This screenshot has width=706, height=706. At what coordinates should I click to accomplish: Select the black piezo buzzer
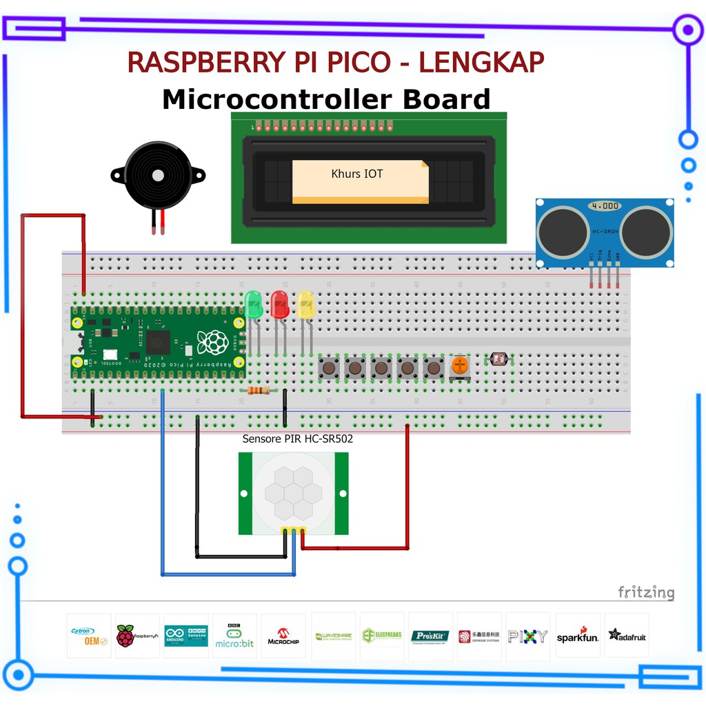(x=158, y=176)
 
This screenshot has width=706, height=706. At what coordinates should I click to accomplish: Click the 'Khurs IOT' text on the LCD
(x=356, y=174)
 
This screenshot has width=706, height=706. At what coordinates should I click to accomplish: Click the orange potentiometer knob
(x=460, y=365)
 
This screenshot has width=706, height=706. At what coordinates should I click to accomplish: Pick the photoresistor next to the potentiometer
(x=497, y=359)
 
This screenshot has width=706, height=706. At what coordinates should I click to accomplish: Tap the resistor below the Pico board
(x=259, y=391)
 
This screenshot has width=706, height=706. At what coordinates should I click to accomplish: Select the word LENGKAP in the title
(x=481, y=63)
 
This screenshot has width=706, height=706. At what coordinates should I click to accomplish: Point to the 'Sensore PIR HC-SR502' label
(x=297, y=439)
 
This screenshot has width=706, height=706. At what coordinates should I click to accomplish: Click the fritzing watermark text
(x=645, y=592)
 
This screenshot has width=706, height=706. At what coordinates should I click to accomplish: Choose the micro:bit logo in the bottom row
(x=234, y=635)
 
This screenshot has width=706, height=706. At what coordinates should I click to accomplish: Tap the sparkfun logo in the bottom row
(x=577, y=636)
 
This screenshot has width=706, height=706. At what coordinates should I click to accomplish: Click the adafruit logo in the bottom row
(x=626, y=636)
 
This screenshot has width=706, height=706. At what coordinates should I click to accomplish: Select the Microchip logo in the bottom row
(x=283, y=636)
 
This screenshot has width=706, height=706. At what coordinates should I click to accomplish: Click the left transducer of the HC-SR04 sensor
(x=562, y=230)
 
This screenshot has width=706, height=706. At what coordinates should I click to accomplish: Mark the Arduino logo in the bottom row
(x=186, y=635)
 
